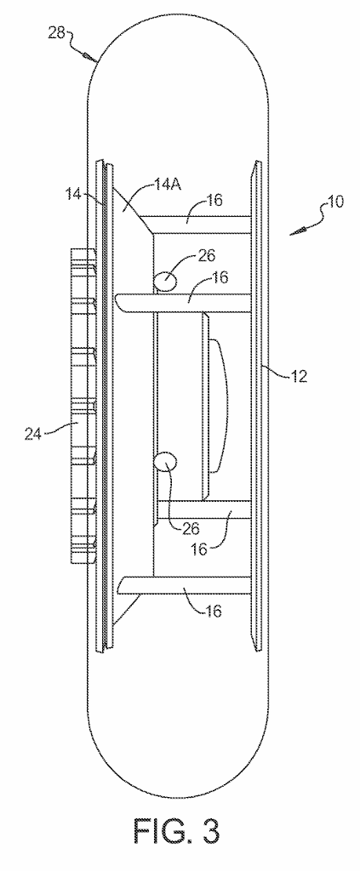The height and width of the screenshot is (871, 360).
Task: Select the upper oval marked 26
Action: tap(165, 281)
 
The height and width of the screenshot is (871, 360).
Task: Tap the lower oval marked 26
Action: tap(166, 461)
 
